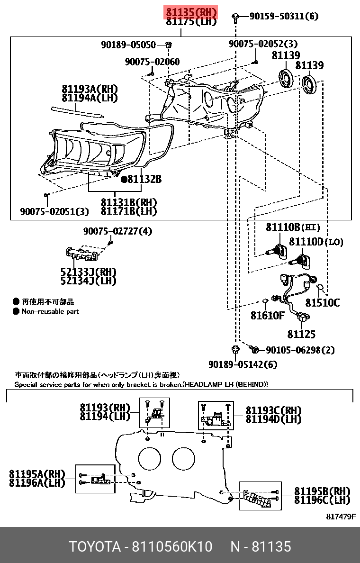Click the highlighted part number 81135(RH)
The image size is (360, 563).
click(x=190, y=12)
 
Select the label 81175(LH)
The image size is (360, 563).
click(x=190, y=21)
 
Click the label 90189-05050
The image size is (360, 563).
click(x=128, y=45)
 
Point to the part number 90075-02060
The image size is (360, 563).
click(x=152, y=62)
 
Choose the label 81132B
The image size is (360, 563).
click(x=144, y=180)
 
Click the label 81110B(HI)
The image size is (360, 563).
click(x=287, y=227)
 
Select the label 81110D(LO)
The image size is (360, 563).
click(x=316, y=242)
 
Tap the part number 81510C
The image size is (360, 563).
click(x=322, y=302)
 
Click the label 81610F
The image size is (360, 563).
click(x=267, y=315)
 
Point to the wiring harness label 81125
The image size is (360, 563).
click(x=301, y=335)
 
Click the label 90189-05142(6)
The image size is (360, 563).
click(x=243, y=364)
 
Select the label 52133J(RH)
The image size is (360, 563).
click(x=88, y=272)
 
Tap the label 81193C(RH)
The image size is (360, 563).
click(x=273, y=410)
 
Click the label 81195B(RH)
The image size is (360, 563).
click(x=322, y=491)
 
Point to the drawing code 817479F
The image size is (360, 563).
click(x=341, y=517)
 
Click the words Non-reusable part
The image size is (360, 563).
click(x=50, y=311)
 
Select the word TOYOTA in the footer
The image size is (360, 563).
click(x=94, y=547)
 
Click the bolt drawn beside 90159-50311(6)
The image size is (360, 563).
click(x=235, y=18)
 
